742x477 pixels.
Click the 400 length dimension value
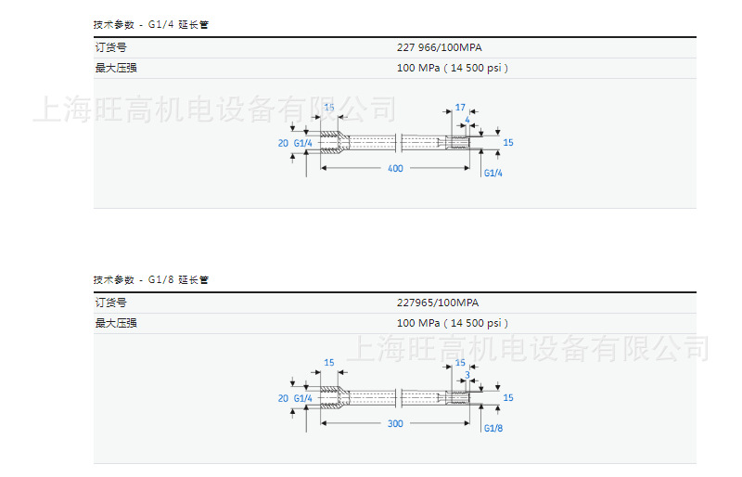pos(395,169)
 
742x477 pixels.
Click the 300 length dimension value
pos(395,422)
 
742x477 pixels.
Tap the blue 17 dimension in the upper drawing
pos(460,108)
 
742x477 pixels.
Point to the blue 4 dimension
pos(467,121)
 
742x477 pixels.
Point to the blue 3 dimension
pos(467,375)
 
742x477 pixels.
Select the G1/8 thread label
pos(493,428)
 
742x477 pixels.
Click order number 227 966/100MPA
pos(439,47)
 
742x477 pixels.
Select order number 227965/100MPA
pos(438,303)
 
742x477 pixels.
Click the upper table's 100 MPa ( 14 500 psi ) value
pos(453,68)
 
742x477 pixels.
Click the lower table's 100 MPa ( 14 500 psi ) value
pos(453,323)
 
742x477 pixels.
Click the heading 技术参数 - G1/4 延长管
pos(151,24)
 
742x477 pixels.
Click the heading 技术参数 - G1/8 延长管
pos(151,279)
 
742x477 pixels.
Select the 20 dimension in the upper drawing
pos(283,143)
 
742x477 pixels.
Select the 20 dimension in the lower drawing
pos(283,398)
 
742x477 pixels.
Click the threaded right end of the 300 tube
pos(456,397)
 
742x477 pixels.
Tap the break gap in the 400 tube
pos(398,143)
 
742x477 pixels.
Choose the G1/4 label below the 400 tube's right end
pos(493,173)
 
